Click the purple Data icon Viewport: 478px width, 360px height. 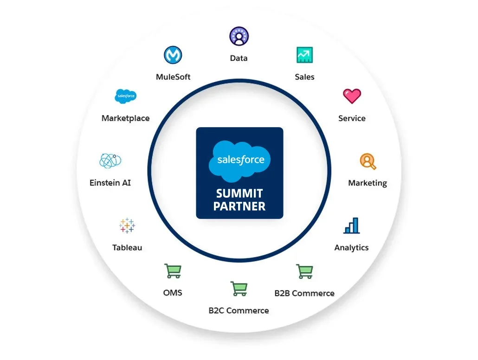[239, 37]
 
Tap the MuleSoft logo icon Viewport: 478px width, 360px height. [173, 55]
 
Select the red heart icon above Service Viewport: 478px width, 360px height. [352, 96]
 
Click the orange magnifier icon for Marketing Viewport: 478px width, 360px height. [368, 161]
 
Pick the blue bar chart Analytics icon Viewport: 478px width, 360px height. [352, 225]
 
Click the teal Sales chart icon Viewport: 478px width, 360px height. [304, 55]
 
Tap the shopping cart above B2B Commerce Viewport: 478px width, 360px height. [304, 271]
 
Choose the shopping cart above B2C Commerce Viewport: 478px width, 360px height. [239, 289]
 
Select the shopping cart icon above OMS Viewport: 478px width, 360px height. [173, 271]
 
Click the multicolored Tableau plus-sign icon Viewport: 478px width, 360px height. [127, 225]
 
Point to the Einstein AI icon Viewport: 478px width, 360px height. [110, 161]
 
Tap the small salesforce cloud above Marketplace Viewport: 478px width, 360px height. [125, 96]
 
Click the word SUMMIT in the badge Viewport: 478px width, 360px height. [239, 193]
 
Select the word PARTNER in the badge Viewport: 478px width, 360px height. [239, 206]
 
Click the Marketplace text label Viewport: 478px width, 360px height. [126, 118]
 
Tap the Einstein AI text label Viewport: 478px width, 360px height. [110, 183]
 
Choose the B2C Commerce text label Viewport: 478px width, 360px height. [239, 310]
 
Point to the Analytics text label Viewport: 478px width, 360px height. [351, 248]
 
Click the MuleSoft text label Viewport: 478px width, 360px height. [173, 77]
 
